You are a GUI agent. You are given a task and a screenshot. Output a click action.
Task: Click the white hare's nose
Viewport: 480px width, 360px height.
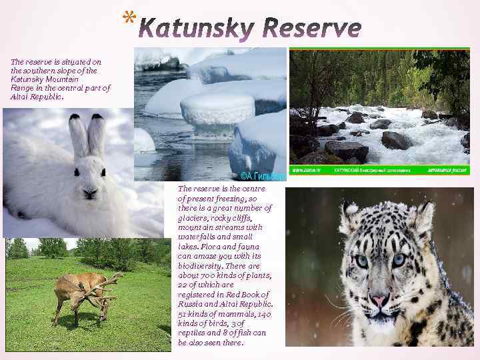point(89,192)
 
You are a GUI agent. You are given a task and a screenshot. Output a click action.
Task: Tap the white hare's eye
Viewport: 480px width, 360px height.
point(72,171)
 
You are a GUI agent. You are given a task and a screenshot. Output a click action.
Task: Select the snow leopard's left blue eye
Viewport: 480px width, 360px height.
point(361,261)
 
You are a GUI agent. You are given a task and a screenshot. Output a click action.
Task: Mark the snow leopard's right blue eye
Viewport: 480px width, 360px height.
point(399,260)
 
